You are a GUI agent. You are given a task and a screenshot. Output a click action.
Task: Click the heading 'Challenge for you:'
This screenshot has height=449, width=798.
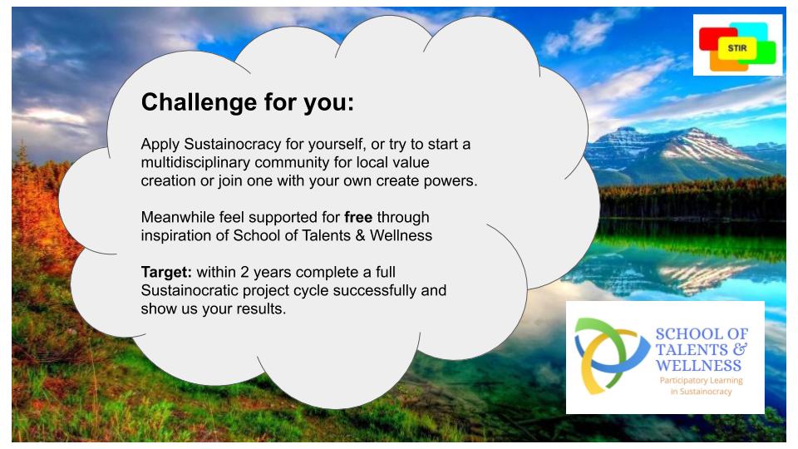(x=248, y=102)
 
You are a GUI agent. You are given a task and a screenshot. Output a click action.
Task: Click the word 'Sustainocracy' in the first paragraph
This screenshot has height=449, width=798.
(x=233, y=145)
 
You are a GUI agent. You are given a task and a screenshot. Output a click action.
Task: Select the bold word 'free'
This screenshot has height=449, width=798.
(x=358, y=217)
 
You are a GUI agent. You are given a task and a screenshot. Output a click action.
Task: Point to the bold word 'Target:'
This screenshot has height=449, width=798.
(x=166, y=273)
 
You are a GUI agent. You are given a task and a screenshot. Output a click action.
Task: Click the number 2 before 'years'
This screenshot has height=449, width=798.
(x=244, y=273)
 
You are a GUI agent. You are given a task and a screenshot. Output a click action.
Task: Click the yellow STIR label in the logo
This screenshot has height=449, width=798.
(x=737, y=48)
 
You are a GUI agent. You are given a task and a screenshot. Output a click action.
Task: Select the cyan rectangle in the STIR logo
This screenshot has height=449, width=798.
(x=749, y=31)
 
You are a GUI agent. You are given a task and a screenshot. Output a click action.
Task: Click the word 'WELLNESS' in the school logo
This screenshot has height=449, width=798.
(x=698, y=366)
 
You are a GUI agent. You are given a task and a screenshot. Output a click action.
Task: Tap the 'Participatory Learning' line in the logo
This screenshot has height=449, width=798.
(x=702, y=380)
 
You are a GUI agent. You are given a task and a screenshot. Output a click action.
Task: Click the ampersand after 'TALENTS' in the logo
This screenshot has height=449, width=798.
(x=741, y=349)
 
